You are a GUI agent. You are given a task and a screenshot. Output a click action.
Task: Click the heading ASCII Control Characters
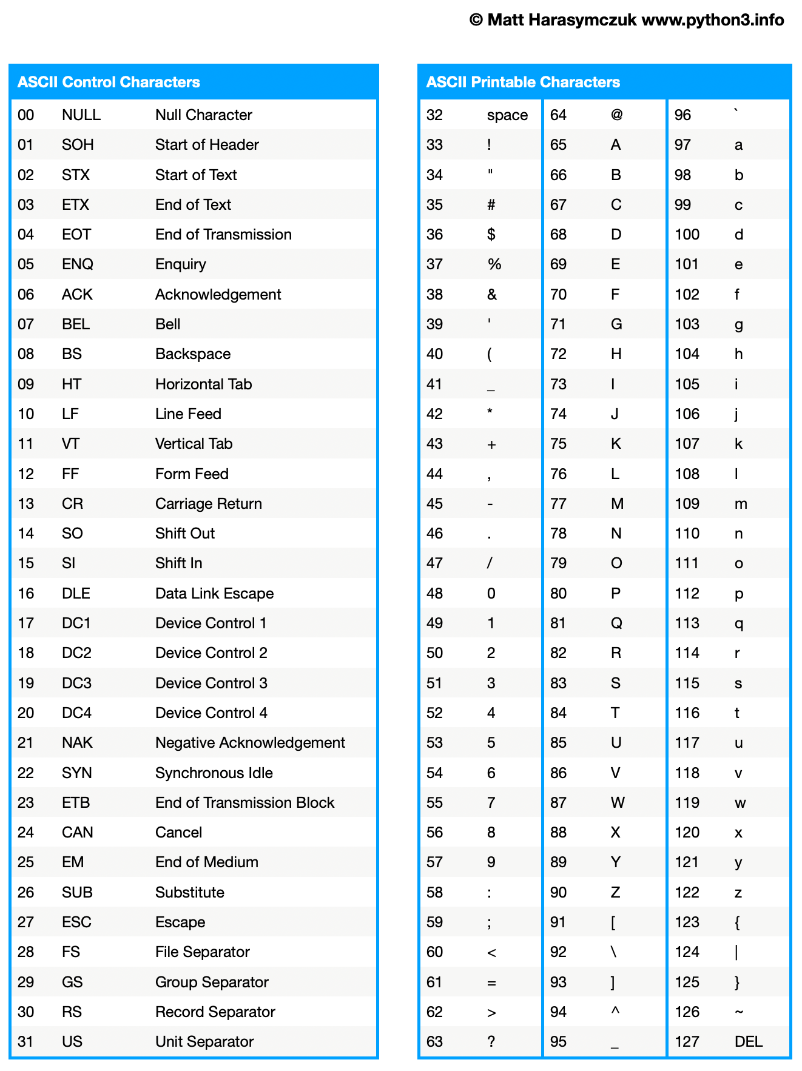pos(109,82)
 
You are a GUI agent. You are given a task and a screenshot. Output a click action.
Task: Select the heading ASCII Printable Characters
pos(523,82)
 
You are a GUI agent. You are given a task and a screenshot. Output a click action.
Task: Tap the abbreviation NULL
pos(81,115)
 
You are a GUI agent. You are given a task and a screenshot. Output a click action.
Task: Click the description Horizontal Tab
pos(203,384)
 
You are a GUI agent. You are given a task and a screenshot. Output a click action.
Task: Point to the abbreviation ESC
pos(76,922)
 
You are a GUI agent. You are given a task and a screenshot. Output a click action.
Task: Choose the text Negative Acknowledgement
pos(250,743)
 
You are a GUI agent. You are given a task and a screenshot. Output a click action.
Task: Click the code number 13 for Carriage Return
pos(26,504)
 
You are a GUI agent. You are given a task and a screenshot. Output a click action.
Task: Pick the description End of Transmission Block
pos(244,803)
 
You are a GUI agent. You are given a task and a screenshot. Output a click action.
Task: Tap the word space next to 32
pos(507,115)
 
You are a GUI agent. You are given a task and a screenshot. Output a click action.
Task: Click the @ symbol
pos(617,115)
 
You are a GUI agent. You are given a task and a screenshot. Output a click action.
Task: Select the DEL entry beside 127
pos(749,1042)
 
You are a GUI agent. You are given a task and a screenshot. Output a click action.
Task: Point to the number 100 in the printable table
pos(687,235)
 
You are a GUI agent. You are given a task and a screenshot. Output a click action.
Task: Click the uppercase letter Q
pos(616,623)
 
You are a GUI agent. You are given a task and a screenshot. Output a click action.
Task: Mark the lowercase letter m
pos(741,504)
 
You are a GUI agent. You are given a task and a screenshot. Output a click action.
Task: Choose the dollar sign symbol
pos(491,235)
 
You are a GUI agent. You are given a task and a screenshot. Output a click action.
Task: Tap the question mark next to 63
pos(491,1042)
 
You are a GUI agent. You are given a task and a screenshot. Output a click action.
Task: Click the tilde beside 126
pos(739,1012)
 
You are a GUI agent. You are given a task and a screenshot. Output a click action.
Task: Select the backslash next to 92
pos(614,952)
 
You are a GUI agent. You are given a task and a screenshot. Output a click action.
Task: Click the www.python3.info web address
pos(713,20)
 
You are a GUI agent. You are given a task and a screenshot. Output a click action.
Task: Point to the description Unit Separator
pos(204,1042)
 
